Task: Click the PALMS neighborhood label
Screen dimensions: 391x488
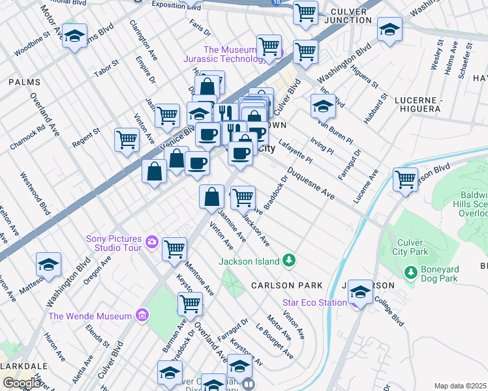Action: click(25, 82)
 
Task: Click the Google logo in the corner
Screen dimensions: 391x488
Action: click(22, 383)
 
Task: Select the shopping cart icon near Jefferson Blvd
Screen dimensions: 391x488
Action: click(405, 179)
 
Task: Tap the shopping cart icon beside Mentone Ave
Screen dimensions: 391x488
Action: click(174, 249)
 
